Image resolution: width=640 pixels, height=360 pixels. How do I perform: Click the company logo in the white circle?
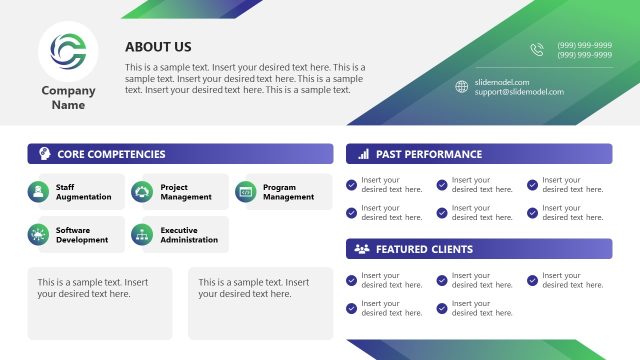click(x=68, y=49)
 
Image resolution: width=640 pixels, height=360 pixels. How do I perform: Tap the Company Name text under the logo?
click(x=68, y=98)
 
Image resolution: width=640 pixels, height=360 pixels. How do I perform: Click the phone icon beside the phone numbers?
click(x=537, y=49)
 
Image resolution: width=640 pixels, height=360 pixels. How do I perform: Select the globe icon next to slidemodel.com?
click(x=461, y=86)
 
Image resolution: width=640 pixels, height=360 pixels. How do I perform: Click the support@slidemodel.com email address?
click(x=519, y=92)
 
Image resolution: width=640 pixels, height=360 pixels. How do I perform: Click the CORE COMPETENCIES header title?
click(x=111, y=154)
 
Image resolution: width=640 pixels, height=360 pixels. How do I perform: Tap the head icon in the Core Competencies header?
click(x=44, y=154)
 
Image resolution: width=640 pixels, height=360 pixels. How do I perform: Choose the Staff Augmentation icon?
click(x=38, y=191)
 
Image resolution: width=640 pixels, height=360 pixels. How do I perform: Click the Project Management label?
click(x=186, y=192)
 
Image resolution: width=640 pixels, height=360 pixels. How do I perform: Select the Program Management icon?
click(x=245, y=191)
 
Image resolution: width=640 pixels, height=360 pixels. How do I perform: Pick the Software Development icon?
click(x=38, y=235)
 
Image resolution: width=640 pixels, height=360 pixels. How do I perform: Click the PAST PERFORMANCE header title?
click(x=429, y=154)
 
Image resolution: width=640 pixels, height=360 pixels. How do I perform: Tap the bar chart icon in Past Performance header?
click(x=361, y=154)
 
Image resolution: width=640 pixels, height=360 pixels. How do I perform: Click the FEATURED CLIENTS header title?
click(x=425, y=249)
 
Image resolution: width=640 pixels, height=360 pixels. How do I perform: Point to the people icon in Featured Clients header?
click(x=361, y=249)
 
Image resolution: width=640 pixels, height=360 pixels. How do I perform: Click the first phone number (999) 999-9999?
click(x=585, y=45)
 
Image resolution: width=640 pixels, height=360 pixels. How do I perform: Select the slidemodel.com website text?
click(x=502, y=82)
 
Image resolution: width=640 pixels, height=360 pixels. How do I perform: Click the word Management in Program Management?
click(x=288, y=197)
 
